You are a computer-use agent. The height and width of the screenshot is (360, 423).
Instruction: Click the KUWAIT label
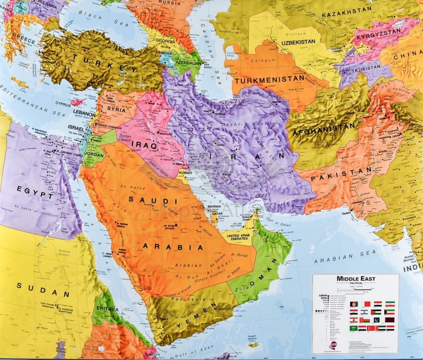coord(186,170)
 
